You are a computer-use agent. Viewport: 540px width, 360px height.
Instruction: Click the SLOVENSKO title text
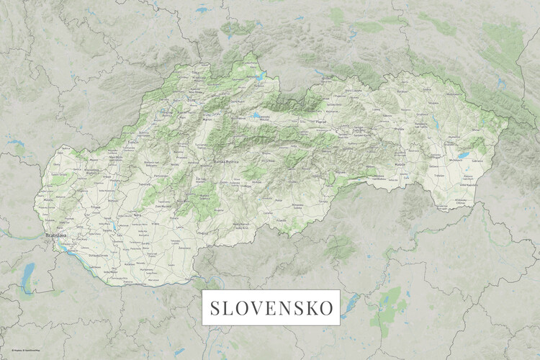pyautogui.click(x=272, y=308)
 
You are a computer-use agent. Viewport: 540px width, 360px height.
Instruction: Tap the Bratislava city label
pyautogui.click(x=56, y=235)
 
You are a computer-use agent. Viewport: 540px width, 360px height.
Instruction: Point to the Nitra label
pyautogui.click(x=137, y=215)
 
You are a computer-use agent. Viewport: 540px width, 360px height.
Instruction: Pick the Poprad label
pyautogui.click(x=320, y=122)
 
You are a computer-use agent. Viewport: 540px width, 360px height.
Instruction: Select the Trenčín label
pyautogui.click(x=132, y=143)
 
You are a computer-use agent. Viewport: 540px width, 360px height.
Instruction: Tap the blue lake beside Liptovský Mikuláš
pyautogui.click(x=257, y=116)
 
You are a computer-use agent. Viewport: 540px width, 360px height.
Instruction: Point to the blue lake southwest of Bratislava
pyautogui.click(x=28, y=271)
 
